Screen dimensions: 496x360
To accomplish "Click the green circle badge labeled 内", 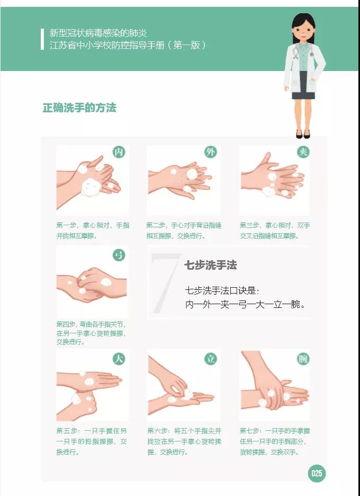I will coord(119,152).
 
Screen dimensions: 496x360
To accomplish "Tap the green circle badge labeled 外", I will coord(211,152).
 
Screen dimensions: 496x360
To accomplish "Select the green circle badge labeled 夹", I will coord(303,152).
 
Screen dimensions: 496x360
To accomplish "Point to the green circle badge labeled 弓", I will coord(119,255).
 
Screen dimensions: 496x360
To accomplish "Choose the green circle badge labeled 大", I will coord(119,359).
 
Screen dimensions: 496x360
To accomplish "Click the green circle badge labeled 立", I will coord(211,359).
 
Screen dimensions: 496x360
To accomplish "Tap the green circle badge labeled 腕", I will coord(303,359).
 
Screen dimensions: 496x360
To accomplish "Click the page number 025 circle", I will coord(317,473).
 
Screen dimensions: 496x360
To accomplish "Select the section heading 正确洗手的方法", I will coord(79,108).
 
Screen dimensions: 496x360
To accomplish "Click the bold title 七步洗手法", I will coord(210,265).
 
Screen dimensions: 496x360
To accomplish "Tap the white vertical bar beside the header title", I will coord(42,39).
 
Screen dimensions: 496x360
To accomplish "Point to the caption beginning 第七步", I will coord(275,441).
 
